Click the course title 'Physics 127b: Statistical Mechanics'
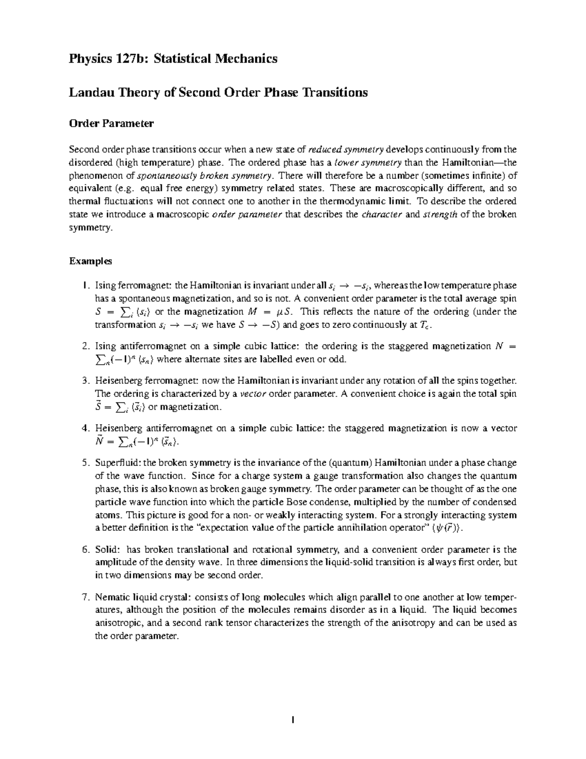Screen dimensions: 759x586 click(173, 59)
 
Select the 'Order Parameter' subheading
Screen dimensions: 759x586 click(111, 124)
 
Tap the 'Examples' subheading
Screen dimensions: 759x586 click(90, 261)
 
